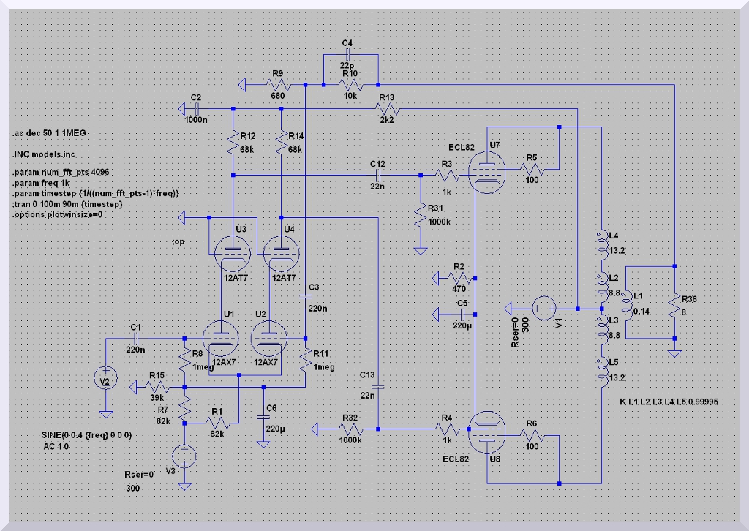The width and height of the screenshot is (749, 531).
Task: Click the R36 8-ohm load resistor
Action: coord(674,303)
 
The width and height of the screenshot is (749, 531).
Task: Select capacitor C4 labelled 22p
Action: coord(349,54)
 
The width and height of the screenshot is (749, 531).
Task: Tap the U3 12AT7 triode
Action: coord(233,252)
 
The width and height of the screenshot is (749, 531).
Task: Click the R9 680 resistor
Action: coord(277,86)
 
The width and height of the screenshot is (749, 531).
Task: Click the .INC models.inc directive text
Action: coord(44,154)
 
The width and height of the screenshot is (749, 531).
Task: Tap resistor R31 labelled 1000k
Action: coord(421,215)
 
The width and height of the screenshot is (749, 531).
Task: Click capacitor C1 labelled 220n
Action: coord(136,339)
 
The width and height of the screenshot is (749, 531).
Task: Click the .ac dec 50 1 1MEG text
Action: coord(50,135)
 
